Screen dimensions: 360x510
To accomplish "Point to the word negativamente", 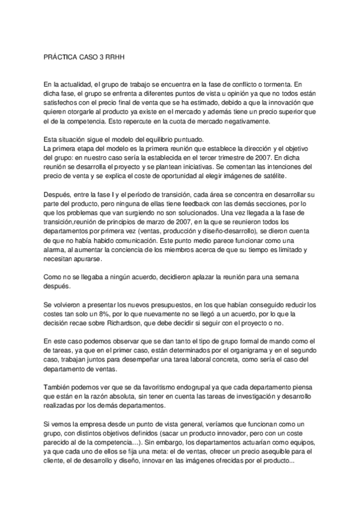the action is (244, 121).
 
